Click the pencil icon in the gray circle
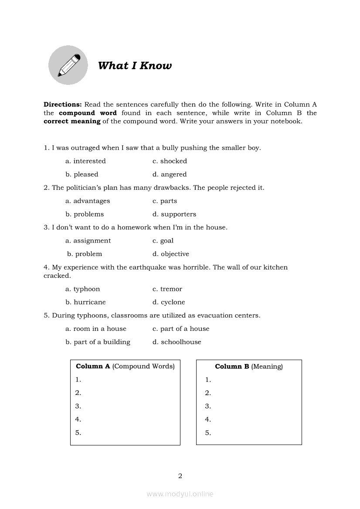click(68, 65)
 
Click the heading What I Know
click(135, 66)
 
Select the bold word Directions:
click(63, 104)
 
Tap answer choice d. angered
click(170, 174)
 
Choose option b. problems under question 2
click(85, 214)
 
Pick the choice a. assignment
click(88, 241)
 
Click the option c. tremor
click(167, 289)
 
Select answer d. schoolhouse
click(177, 342)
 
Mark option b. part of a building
click(98, 342)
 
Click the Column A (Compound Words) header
click(125, 367)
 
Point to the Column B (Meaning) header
click(249, 367)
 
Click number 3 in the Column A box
click(78, 406)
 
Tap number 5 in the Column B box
click(208, 433)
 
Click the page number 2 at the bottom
click(180, 476)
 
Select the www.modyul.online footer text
click(180, 494)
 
